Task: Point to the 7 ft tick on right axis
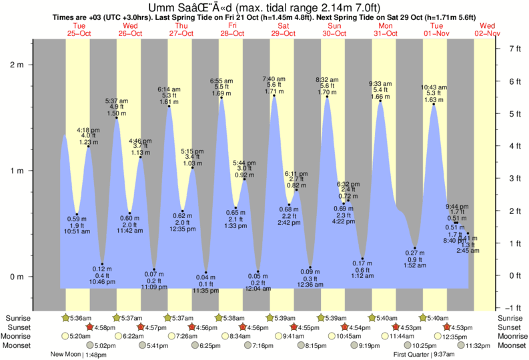[x=514, y=49]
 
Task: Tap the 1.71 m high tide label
[x=279, y=92]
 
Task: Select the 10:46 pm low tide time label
[x=101, y=282]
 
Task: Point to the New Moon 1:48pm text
[x=79, y=355]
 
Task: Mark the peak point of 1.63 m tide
[x=434, y=104]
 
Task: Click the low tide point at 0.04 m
[x=206, y=272]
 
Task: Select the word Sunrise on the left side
[x=18, y=318]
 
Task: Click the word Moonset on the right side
[x=512, y=345]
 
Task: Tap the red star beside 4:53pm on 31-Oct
[x=396, y=327]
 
